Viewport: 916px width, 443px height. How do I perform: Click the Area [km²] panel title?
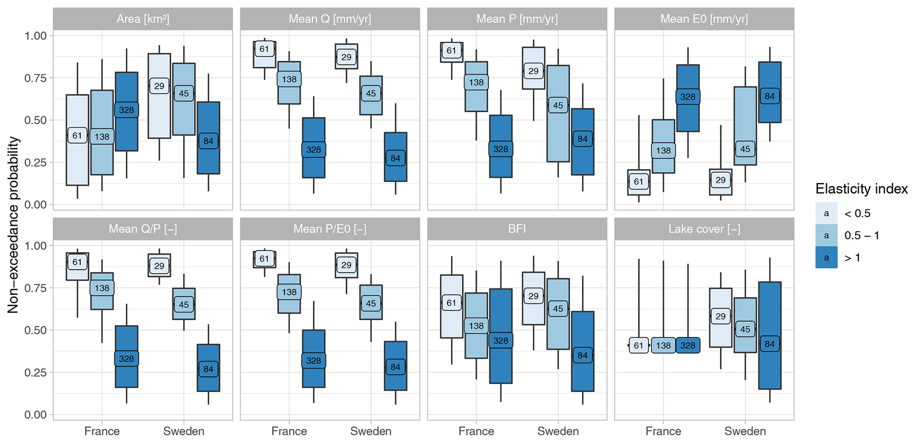(x=143, y=19)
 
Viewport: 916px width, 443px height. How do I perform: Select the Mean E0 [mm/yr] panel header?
(x=704, y=19)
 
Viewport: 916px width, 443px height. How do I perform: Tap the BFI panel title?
(x=517, y=229)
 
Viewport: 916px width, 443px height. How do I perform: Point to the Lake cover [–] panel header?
(x=704, y=229)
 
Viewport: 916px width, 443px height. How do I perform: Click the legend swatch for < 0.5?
(x=826, y=214)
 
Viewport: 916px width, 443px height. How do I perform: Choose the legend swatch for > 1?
(x=826, y=257)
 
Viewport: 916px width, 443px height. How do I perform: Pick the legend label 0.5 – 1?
(x=861, y=236)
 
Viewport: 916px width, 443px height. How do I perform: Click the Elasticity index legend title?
(x=861, y=189)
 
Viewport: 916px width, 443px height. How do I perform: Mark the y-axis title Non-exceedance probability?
(x=13, y=225)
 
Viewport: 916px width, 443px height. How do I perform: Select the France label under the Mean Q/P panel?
(x=102, y=431)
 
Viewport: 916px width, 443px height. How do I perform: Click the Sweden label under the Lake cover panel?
(x=745, y=431)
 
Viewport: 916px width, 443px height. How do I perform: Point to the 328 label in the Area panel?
(x=126, y=110)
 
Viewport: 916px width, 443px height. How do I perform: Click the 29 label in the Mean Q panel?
(x=346, y=57)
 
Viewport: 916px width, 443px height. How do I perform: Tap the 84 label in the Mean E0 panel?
(x=769, y=96)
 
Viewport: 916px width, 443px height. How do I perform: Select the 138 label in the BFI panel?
(x=476, y=326)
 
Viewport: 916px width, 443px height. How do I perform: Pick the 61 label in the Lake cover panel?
(x=638, y=346)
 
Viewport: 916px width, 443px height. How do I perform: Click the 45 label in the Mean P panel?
(x=558, y=105)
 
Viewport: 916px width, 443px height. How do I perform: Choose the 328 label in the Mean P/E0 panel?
(x=313, y=361)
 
